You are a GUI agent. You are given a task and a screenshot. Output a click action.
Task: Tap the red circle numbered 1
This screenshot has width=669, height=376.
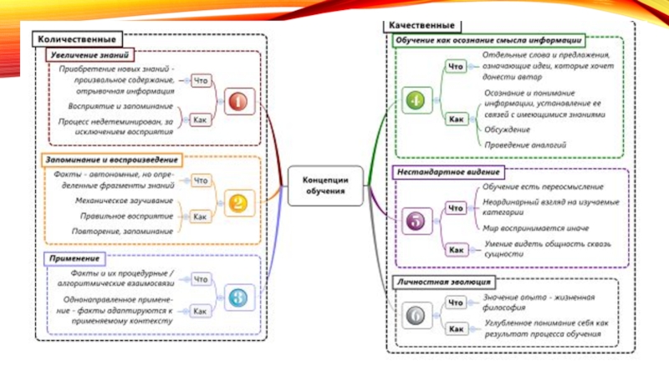tap(237, 102)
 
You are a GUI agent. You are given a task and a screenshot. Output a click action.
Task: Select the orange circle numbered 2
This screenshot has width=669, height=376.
tap(237, 202)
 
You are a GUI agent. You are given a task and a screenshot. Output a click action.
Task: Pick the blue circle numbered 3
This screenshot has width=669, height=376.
tap(237, 296)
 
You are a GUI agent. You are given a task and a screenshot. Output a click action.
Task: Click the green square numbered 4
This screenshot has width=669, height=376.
tap(415, 100)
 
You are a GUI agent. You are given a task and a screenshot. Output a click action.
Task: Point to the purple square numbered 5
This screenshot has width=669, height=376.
tap(415, 222)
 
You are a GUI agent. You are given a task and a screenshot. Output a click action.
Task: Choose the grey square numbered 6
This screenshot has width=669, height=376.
tap(415, 316)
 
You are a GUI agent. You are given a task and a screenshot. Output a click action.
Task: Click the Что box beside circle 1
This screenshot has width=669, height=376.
tap(201, 82)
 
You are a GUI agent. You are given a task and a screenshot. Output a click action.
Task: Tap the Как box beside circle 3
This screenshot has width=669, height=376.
tap(201, 311)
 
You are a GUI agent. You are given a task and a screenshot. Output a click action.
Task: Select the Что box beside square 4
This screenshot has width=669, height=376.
tap(456, 66)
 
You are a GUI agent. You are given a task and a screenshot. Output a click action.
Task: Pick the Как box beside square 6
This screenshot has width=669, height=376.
tap(456, 329)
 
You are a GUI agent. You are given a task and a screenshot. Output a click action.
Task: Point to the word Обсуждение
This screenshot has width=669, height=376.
tap(507, 130)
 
